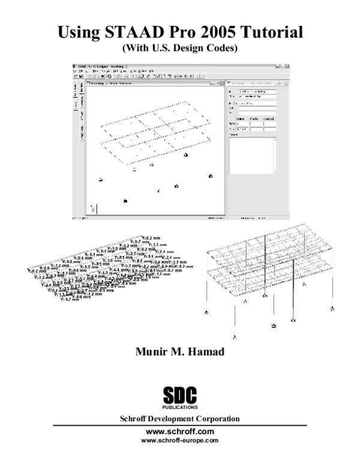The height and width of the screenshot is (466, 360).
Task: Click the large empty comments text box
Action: [x=252, y=156]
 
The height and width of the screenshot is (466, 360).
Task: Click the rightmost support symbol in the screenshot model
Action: [x=211, y=176]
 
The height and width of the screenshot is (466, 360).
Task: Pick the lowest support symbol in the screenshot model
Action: [x=125, y=200]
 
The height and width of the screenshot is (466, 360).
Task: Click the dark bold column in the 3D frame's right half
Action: [x=292, y=288]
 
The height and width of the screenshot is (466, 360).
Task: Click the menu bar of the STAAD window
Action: [x=114, y=71]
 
